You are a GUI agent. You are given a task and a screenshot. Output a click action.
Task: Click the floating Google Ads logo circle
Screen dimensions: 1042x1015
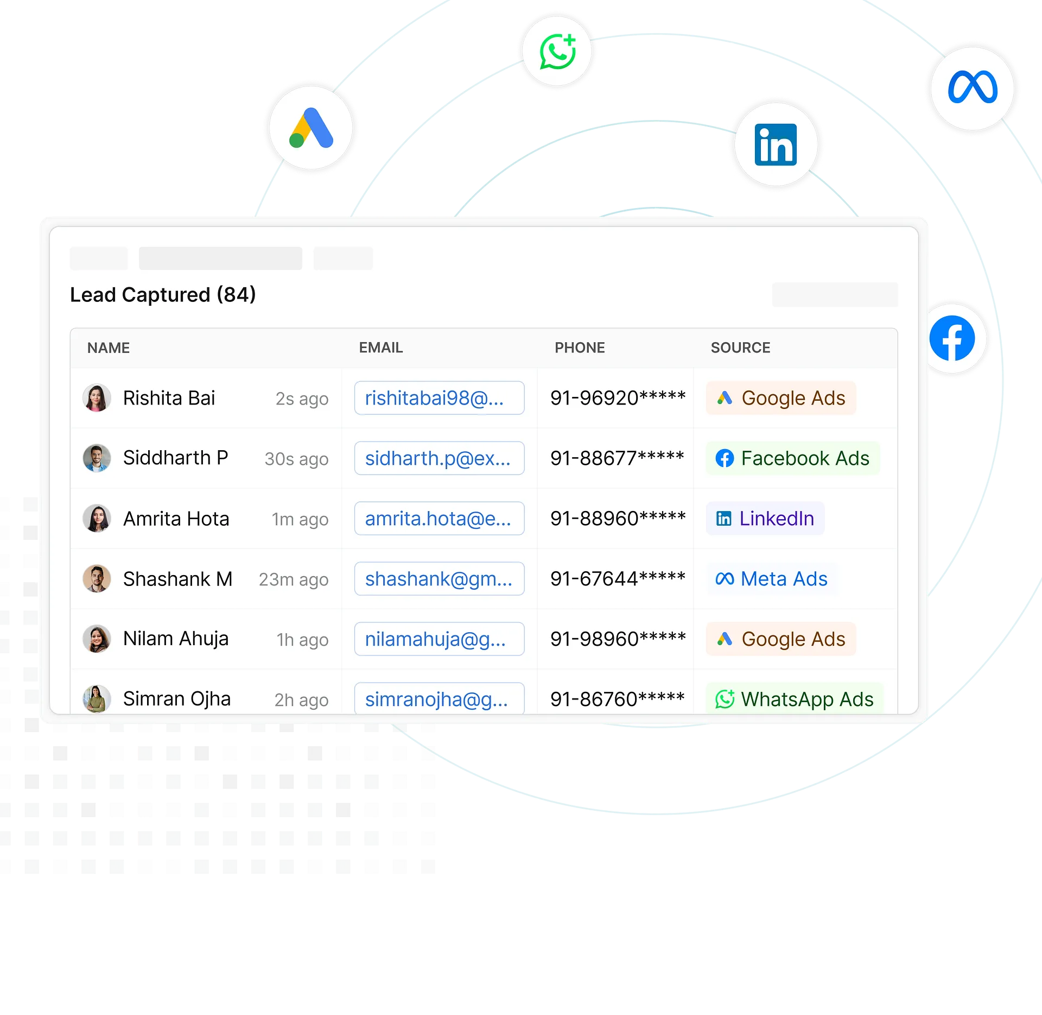point(311,128)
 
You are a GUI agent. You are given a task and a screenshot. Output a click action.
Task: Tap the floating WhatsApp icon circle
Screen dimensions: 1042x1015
point(557,51)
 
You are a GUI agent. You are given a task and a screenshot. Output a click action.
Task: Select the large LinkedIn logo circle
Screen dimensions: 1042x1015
point(776,144)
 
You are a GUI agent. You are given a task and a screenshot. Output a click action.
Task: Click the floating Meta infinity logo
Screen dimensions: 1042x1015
point(972,88)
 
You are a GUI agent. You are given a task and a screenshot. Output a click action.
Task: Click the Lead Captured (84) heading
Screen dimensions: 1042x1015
point(163,295)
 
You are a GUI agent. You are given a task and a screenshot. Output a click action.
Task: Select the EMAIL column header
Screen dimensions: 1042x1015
point(380,348)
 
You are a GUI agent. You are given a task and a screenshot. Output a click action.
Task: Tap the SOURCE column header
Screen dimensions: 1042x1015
point(740,348)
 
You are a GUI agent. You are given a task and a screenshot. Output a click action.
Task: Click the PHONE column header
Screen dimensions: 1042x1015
point(579,348)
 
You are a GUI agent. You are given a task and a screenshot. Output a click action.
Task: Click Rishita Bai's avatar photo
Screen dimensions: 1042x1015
point(97,398)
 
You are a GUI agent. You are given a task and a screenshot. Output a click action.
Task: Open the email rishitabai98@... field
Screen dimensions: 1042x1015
point(439,398)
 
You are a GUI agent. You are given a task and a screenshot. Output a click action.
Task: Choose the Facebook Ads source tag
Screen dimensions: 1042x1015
point(792,458)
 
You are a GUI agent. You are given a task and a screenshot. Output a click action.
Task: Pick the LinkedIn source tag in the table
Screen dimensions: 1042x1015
point(765,519)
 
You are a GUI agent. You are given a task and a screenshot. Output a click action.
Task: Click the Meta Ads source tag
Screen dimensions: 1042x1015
point(771,579)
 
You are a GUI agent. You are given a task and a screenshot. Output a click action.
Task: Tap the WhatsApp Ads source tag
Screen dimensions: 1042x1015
point(794,699)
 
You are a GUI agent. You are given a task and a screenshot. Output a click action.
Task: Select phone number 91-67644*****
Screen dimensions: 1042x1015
point(618,579)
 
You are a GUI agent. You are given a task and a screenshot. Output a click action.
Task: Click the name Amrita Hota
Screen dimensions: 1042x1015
point(176,519)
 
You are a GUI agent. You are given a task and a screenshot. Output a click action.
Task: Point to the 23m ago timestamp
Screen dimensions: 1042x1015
point(294,579)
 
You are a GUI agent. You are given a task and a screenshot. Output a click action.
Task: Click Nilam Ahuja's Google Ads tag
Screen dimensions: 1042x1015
point(780,639)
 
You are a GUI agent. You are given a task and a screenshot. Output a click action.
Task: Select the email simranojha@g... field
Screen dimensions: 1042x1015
point(439,699)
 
